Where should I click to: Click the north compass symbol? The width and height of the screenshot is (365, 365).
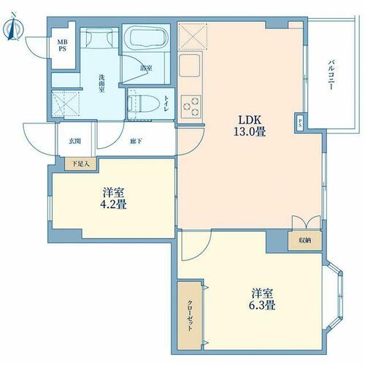[13, 27]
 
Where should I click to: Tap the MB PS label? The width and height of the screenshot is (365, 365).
[62, 45]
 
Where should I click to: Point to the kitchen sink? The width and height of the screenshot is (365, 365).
[190, 65]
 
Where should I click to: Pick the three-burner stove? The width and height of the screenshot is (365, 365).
[191, 107]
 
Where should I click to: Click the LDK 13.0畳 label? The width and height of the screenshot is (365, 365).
[250, 126]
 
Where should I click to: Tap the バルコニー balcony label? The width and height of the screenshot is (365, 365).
[330, 75]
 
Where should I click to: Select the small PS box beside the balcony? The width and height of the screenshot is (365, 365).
[300, 123]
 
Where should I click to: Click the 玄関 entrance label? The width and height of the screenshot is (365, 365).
[74, 141]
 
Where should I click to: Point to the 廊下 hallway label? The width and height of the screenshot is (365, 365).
[136, 141]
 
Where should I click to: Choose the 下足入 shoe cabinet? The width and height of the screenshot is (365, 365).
[81, 164]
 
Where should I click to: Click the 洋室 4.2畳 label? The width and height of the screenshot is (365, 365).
[113, 199]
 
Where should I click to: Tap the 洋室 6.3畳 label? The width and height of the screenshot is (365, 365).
[262, 299]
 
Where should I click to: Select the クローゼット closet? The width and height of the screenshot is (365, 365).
[190, 315]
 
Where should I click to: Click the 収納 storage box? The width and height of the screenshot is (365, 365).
[305, 241]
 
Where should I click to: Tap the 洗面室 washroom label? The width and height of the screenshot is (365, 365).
[101, 83]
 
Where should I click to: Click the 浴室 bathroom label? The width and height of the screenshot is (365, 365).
[146, 69]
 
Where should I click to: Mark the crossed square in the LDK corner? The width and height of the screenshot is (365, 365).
[193, 36]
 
